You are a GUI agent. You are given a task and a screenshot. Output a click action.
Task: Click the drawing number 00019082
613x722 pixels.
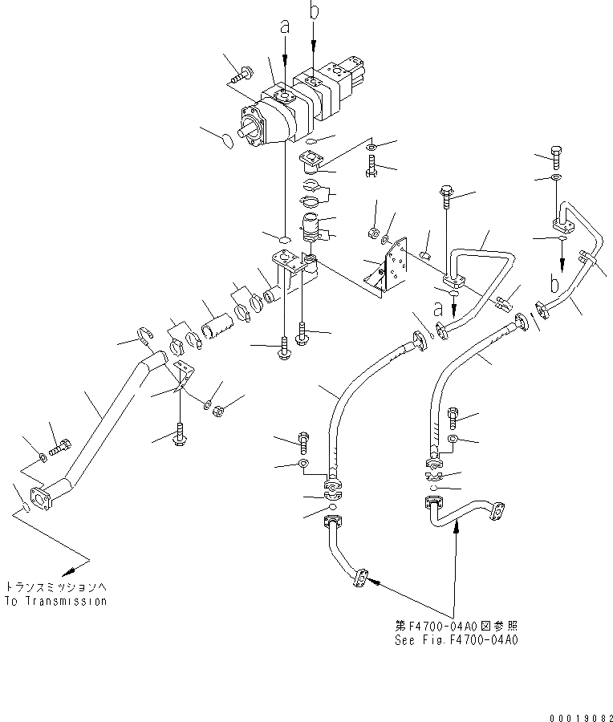coord(580,714)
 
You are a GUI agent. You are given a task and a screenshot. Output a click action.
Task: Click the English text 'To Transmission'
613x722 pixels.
coord(55,601)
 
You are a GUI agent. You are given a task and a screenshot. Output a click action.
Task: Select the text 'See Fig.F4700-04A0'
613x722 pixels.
coord(456,641)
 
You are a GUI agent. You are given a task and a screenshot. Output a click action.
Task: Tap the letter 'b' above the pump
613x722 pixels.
coord(314,11)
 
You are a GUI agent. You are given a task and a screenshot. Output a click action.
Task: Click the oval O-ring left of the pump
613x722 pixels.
coord(227,141)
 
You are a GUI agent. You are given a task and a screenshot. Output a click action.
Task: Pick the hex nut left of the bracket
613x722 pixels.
coord(372,232)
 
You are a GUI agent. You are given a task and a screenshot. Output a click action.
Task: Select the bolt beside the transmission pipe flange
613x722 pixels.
coord(61,443)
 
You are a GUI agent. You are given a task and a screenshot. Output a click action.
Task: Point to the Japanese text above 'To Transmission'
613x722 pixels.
coord(55,586)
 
